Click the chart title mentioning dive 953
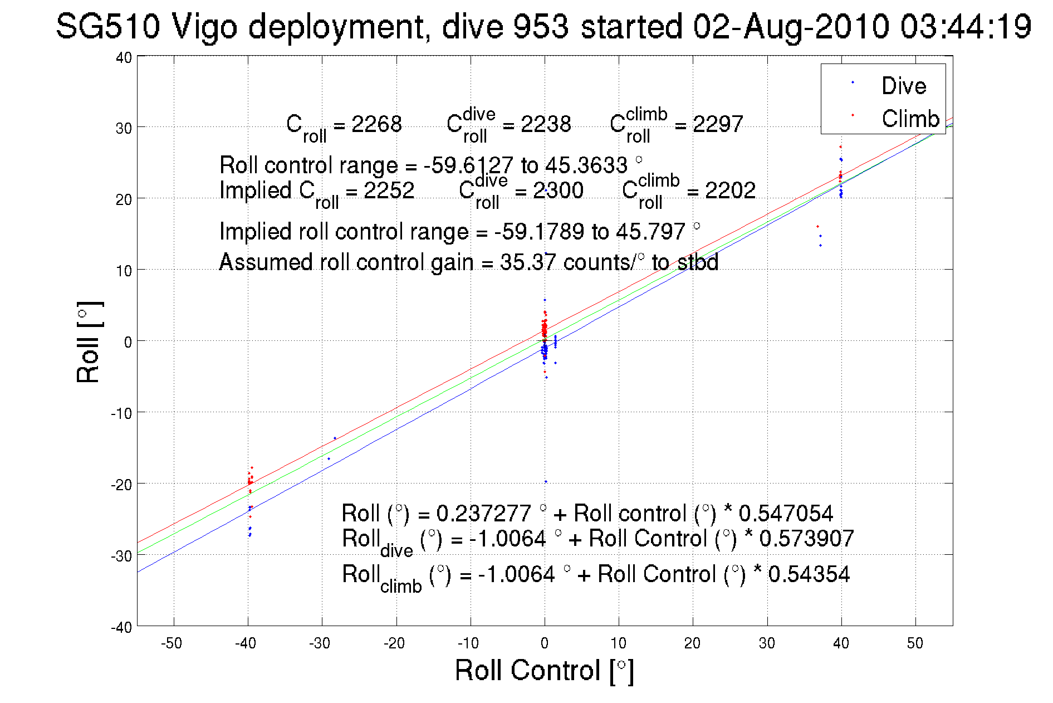click(x=543, y=26)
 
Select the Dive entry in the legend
click(x=903, y=86)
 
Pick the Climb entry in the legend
click(x=910, y=119)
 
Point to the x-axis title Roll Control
click(x=544, y=670)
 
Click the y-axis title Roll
click(x=89, y=342)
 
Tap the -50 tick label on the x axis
click(x=172, y=643)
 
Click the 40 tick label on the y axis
click(x=124, y=57)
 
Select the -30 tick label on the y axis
click(x=121, y=556)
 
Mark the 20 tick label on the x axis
click(x=692, y=643)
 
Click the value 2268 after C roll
click(x=376, y=124)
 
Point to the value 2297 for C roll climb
click(x=717, y=124)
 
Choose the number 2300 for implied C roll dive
click(x=558, y=191)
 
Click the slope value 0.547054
click(x=786, y=513)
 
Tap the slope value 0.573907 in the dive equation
click(x=806, y=539)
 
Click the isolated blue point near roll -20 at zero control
click(x=546, y=482)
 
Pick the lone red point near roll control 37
click(x=817, y=226)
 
